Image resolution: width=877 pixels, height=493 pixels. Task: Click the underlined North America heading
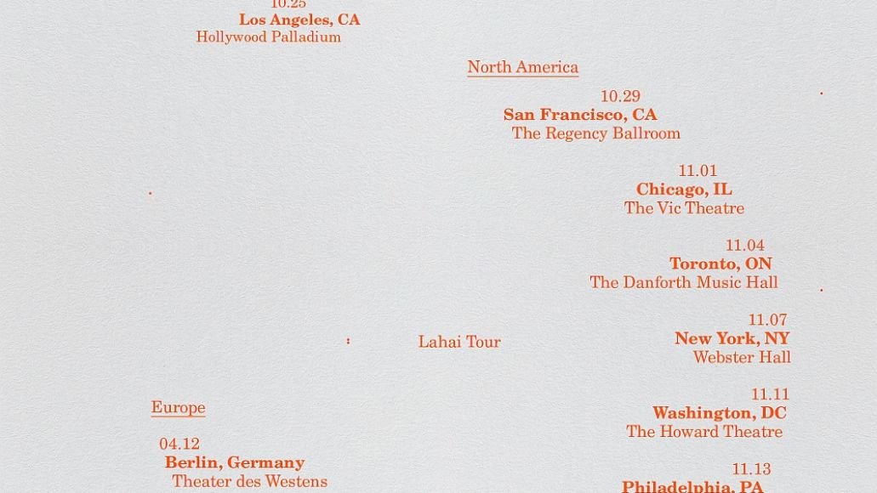point(522,67)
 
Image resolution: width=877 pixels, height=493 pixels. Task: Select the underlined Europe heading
point(178,407)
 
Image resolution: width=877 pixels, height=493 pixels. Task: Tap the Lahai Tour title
point(459,342)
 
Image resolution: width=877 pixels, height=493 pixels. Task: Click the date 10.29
point(620,97)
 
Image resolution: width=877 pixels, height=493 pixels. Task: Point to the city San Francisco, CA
point(580,115)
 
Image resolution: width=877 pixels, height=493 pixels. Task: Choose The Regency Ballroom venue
point(595,133)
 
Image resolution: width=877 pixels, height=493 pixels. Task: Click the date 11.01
point(698,171)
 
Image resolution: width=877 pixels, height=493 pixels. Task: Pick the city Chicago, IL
point(684,190)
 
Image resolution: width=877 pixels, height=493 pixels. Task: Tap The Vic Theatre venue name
point(684,208)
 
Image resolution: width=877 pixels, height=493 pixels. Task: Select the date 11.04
point(744,246)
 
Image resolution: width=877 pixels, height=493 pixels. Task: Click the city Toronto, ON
point(720,264)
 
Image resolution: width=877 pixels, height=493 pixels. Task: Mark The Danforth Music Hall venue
point(684,282)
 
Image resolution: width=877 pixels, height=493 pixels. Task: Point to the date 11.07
point(767,320)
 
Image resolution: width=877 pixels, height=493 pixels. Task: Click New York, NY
point(732,338)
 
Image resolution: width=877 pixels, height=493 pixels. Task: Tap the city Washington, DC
point(720,413)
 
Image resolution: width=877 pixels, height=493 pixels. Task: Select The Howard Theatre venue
point(704,432)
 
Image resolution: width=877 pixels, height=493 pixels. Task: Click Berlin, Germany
point(235,462)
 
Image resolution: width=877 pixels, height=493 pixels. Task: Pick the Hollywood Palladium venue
point(268,37)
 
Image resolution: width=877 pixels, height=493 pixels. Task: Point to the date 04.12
point(179,444)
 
